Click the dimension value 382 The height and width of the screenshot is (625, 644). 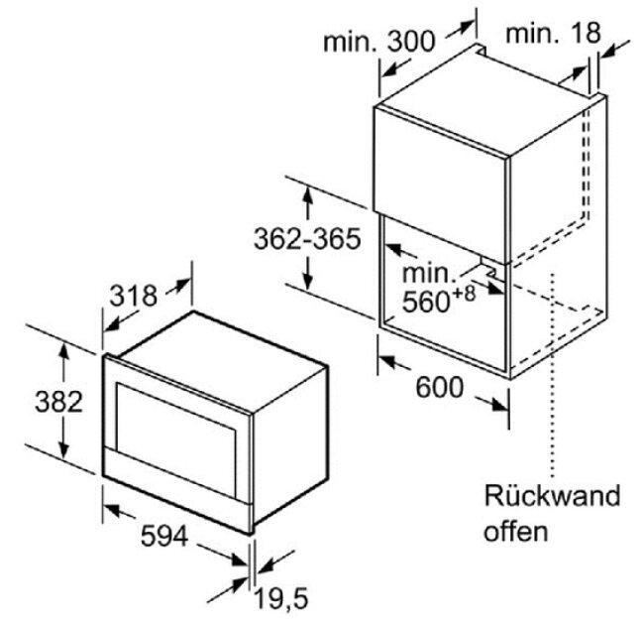pyautogui.click(x=58, y=402)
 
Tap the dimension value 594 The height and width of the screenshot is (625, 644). pyautogui.click(x=164, y=536)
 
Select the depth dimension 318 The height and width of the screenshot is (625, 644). pyautogui.click(x=134, y=296)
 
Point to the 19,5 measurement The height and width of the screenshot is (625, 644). pyautogui.click(x=281, y=598)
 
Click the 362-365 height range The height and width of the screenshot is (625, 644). pyautogui.click(x=307, y=238)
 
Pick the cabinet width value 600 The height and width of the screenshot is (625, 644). pyautogui.click(x=440, y=387)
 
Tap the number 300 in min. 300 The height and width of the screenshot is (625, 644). pyautogui.click(x=411, y=42)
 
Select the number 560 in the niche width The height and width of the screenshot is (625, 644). pyautogui.click(x=425, y=302)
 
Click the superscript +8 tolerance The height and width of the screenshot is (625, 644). pyautogui.click(x=463, y=293)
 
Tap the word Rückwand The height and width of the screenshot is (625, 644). pyautogui.click(x=553, y=495)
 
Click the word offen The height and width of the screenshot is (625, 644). pyautogui.click(x=516, y=531)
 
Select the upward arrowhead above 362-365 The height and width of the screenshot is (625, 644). pyautogui.click(x=307, y=194)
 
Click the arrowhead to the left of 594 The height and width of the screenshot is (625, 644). pyautogui.click(x=112, y=510)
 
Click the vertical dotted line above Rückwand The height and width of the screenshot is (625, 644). pyautogui.click(x=553, y=375)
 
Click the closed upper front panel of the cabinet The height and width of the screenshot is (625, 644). pyautogui.click(x=440, y=183)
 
